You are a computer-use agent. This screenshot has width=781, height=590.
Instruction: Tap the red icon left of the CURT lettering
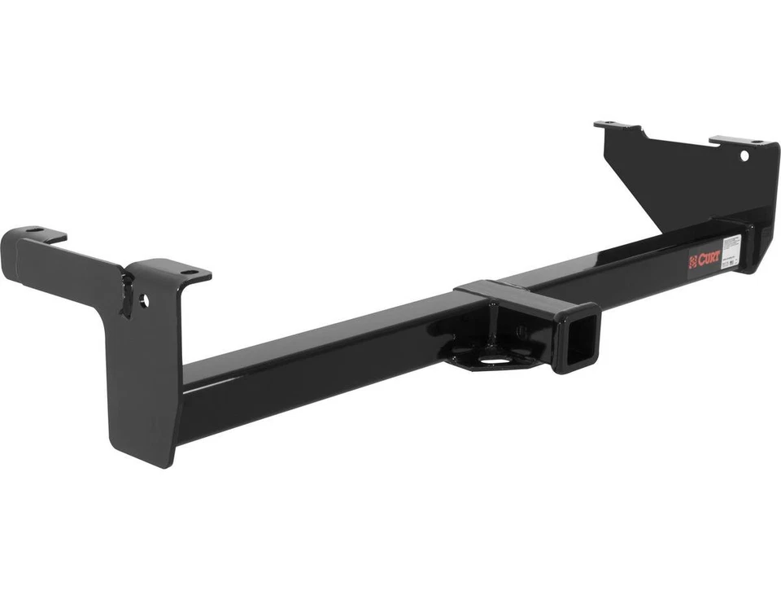tap(694, 261)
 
